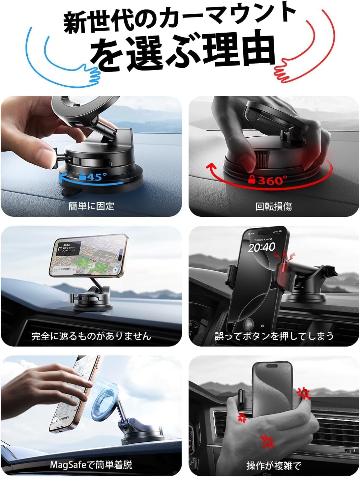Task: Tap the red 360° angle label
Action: [x=272, y=180]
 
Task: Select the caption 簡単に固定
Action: [x=91, y=206]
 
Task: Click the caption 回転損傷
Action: [x=274, y=207]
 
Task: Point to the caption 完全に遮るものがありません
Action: [x=91, y=336]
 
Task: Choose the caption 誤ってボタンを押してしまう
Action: [x=274, y=336]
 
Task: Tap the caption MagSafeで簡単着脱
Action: [x=91, y=465]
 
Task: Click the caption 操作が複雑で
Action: [x=274, y=465]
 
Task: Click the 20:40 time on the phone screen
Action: [x=261, y=247]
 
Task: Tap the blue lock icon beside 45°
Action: [x=83, y=177]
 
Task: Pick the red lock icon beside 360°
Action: [x=252, y=180]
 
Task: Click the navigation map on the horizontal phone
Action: [x=87, y=257]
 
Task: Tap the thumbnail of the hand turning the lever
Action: [x=91, y=156]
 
